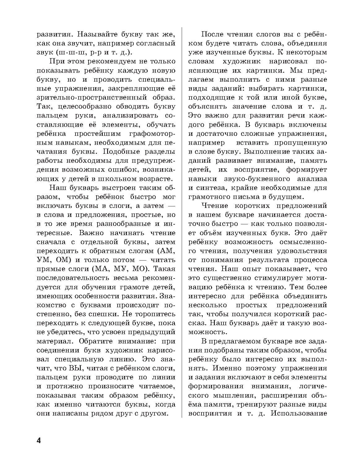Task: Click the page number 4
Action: coord(39,441)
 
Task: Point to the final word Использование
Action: coord(298,414)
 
